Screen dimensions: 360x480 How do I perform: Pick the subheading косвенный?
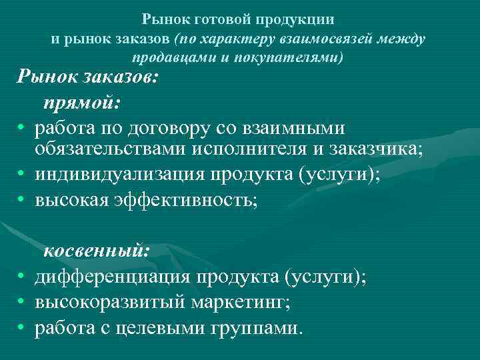tap(97, 251)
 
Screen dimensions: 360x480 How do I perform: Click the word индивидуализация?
tap(121, 174)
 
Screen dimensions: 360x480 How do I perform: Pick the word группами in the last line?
tap(259, 328)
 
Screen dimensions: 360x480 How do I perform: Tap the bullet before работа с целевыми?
tap(22, 328)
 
